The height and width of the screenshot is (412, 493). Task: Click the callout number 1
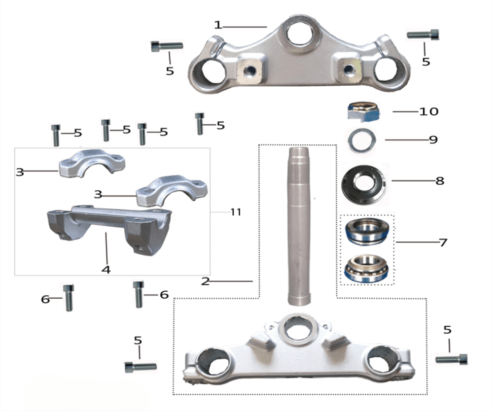click(218, 25)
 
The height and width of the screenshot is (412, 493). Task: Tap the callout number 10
click(429, 111)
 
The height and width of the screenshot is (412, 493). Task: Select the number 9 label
click(433, 139)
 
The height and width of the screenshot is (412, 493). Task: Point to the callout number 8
click(440, 181)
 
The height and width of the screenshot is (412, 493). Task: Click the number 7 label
click(443, 242)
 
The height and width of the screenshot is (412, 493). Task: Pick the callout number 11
click(236, 212)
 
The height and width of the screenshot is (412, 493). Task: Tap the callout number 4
click(106, 269)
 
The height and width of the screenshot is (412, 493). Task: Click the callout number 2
click(205, 281)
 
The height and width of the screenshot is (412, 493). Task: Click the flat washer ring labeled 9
click(361, 140)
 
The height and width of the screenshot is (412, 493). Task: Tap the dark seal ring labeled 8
click(364, 185)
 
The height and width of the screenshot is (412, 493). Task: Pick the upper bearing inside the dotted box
click(367, 232)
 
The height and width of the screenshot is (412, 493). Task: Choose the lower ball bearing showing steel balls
click(367, 268)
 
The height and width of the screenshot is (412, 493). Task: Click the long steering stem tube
click(299, 226)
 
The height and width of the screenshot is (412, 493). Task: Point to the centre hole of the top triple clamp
click(300, 33)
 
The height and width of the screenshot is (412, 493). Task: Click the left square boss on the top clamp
click(250, 70)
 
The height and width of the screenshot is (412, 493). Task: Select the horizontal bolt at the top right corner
click(423, 34)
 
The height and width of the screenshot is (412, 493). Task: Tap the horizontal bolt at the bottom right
click(452, 359)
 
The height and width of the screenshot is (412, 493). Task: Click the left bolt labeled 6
click(69, 298)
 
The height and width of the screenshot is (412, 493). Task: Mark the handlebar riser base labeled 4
click(109, 230)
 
